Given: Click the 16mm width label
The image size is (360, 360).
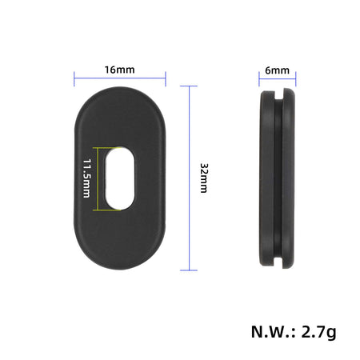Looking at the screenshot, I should point(120,70).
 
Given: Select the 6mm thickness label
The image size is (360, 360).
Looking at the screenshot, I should point(278,70).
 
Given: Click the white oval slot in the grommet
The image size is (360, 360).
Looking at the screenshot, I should point(119,178).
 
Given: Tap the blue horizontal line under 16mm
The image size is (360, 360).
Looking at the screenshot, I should point(120,79).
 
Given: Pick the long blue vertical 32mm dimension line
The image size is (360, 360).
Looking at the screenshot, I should point(190,178).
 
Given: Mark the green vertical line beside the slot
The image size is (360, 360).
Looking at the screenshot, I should point(97,178).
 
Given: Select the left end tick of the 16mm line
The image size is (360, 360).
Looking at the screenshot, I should point(75,79).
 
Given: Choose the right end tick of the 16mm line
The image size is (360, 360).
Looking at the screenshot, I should point(166,79).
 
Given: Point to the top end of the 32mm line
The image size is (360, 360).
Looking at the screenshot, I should point(190,87).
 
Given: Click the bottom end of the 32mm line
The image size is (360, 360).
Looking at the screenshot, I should point(190,269).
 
